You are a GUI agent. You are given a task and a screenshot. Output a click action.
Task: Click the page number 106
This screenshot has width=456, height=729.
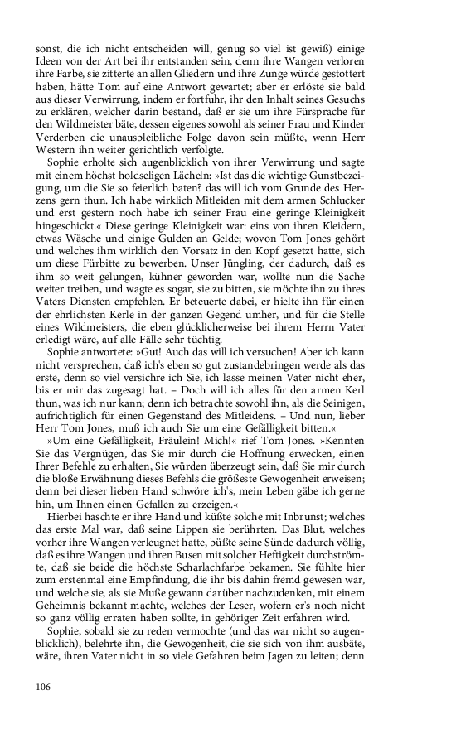[44, 685]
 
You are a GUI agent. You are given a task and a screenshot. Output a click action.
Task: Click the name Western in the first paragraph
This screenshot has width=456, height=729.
[60, 150]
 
